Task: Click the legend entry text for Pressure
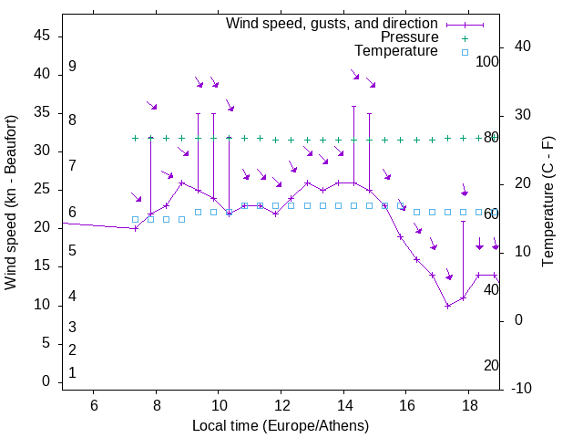point(410,37)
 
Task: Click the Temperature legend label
point(396,51)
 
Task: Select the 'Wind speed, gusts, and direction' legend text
point(332,23)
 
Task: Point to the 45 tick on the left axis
point(43,35)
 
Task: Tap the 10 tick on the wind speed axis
point(43,305)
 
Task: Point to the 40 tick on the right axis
point(522,47)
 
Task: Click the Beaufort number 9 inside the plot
point(72,67)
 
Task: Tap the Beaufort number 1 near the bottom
point(72,372)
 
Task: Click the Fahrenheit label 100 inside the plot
point(487,61)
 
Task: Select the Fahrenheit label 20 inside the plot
point(491,365)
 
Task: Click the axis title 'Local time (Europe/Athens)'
point(281,425)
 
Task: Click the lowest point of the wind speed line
point(447,306)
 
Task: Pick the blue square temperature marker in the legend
point(465,52)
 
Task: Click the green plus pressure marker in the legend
point(465,38)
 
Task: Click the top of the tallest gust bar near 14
point(353,106)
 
